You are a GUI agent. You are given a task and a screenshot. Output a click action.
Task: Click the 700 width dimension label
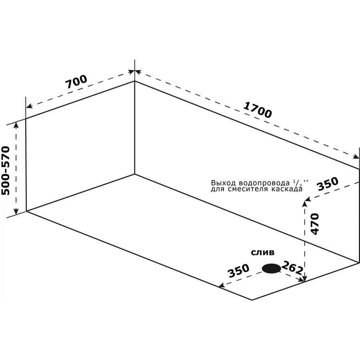coord(76,82)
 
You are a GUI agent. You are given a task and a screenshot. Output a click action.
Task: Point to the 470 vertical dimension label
coord(314,224)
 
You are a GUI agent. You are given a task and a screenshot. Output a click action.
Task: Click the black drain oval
coord(271,269)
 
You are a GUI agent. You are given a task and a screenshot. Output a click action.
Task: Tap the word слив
coord(262,253)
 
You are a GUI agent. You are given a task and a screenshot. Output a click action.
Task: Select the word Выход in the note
coord(220,183)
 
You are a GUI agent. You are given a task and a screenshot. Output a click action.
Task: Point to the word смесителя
coord(246,189)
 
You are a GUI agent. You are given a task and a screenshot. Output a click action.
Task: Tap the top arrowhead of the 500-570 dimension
coord(16,124)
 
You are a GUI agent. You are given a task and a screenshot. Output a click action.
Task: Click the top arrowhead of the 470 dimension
coord(305,203)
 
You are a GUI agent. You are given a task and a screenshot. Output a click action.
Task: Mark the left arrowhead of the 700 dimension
coord(28,106)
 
